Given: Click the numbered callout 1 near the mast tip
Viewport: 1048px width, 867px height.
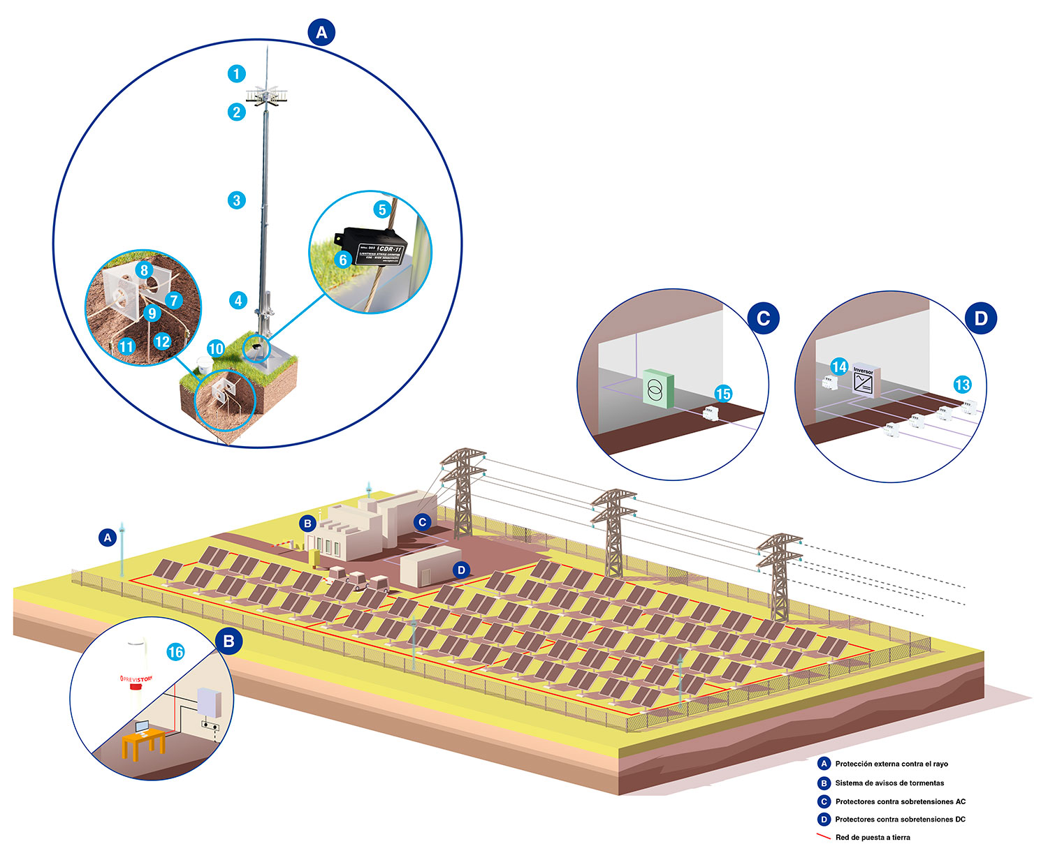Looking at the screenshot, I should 236,73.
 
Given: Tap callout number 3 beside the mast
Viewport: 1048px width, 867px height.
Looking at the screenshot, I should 237,200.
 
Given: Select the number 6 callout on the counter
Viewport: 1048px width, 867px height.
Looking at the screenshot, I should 342,260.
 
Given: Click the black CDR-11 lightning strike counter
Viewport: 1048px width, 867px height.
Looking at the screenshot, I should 374,246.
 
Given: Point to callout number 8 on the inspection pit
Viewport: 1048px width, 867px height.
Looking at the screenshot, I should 144,270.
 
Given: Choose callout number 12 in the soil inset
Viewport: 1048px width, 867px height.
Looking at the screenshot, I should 162,341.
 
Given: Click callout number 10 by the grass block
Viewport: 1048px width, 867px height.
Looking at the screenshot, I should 216,348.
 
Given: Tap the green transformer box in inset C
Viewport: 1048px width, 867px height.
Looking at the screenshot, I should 657,388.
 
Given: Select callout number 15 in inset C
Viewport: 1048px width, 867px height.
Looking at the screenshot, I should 723,394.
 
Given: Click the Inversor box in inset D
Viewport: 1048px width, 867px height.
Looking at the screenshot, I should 865,382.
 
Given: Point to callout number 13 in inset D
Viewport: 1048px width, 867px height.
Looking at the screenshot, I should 962,385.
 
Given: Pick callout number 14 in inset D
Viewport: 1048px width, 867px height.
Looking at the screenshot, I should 839,367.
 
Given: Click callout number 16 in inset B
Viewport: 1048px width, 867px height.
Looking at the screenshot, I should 175,652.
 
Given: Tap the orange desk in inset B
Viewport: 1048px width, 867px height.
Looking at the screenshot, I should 144,741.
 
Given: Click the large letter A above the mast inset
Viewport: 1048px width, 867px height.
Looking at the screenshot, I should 321,32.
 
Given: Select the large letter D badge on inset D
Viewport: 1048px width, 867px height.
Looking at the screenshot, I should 981,318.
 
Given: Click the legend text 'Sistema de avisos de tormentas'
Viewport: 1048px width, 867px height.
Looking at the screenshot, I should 889,783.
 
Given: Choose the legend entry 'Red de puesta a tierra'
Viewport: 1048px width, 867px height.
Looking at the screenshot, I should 873,837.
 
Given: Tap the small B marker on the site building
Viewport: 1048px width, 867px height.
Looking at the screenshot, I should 307,523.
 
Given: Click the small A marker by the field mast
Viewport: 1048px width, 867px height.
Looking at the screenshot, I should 108,538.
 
